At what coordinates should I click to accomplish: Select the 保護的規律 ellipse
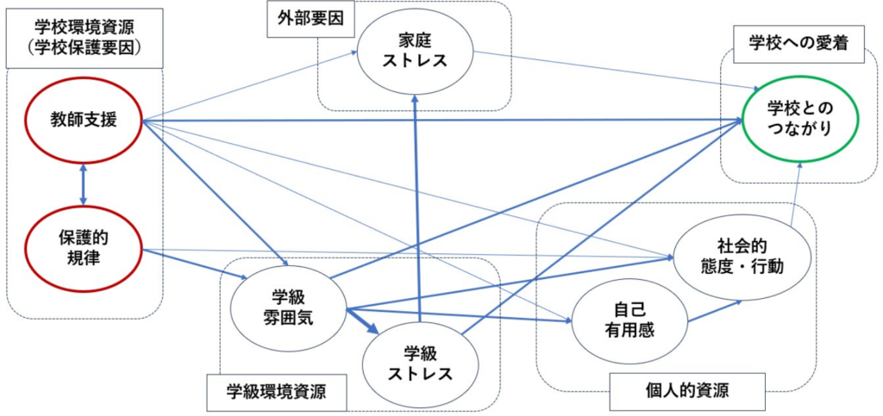[84, 247]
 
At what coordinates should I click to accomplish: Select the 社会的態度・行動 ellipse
[741, 255]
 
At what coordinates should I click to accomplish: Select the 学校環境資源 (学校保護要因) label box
[83, 39]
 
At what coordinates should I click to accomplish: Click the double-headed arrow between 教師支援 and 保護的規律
[84, 184]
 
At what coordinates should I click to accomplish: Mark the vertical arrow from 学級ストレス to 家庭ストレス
[418, 215]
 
